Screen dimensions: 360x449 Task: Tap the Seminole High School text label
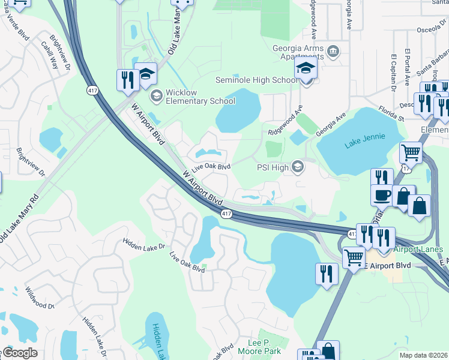[x=256, y=80]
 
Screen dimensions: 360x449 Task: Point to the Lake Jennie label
[x=363, y=143]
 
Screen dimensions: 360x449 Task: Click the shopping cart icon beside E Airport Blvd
[x=354, y=258]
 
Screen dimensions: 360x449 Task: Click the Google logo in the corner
[x=19, y=353]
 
